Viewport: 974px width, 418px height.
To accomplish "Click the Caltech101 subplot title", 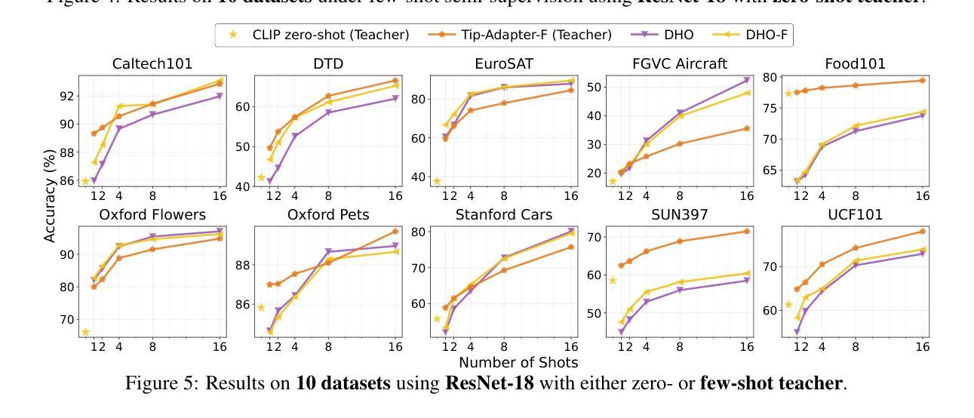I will pyautogui.click(x=151, y=64).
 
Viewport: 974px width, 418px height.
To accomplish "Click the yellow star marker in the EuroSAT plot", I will pyautogui.click(x=437, y=181).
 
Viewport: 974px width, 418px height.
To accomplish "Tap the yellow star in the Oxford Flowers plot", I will pyautogui.click(x=85, y=332).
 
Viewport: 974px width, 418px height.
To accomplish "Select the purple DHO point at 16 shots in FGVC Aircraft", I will pyautogui.click(x=747, y=80).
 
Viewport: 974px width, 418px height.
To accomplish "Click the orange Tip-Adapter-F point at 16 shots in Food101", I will pyautogui.click(x=922, y=80).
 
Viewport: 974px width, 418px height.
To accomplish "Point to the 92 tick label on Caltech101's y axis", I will pyautogui.click(x=66, y=96).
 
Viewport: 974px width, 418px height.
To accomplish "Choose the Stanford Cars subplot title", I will pyautogui.click(x=503, y=215).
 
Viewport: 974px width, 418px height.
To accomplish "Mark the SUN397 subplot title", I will pyautogui.click(x=679, y=215).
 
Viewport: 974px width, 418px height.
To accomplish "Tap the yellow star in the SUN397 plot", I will pyautogui.click(x=613, y=281).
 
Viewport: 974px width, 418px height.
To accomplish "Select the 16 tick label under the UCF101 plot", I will pyautogui.click(x=922, y=347).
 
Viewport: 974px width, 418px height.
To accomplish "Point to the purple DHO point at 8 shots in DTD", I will pyautogui.click(x=328, y=112).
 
